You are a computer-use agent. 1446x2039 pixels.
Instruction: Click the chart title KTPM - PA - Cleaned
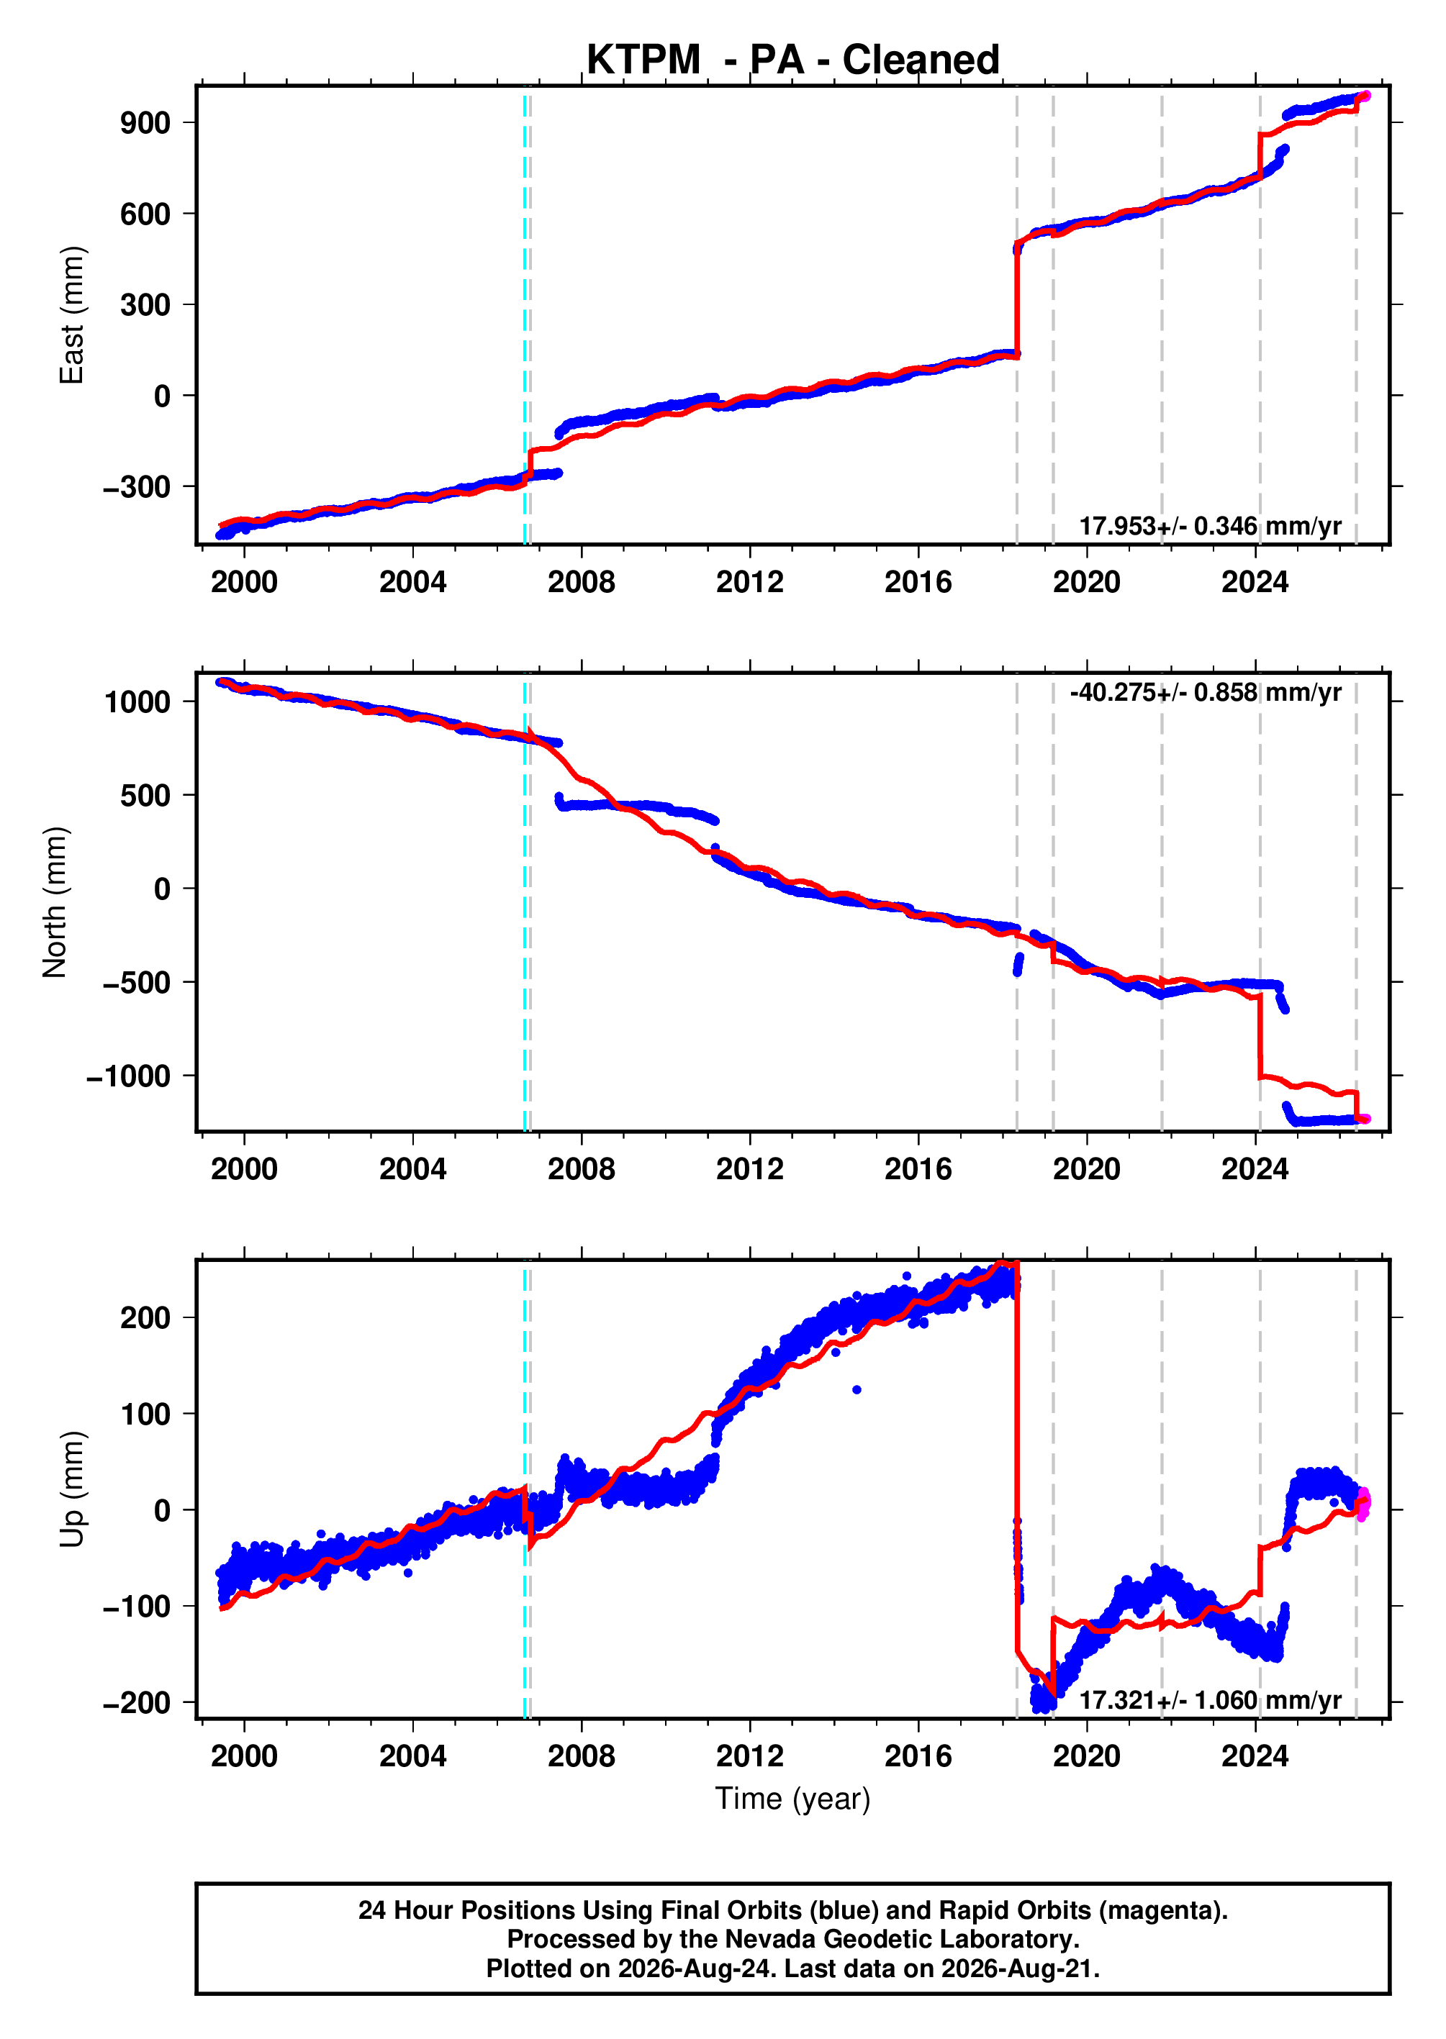tap(792, 60)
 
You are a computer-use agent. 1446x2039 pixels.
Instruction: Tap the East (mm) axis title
tap(71, 315)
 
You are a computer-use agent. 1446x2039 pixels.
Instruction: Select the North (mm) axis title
tap(55, 902)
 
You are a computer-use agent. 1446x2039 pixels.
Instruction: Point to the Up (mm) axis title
tap(71, 1489)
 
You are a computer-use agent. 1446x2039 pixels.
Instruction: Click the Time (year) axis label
tap(792, 1799)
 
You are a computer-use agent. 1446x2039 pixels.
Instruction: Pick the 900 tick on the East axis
tap(145, 123)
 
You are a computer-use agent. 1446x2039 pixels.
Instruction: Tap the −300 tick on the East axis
tap(137, 487)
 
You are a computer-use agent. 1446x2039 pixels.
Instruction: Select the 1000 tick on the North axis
tap(137, 702)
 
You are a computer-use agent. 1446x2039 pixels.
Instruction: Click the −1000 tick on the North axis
tap(128, 1077)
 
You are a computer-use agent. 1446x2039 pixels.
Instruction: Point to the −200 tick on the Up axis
tap(137, 1702)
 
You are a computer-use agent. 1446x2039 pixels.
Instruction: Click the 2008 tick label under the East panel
tap(582, 582)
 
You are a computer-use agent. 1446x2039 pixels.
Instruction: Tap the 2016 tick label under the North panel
tap(918, 1168)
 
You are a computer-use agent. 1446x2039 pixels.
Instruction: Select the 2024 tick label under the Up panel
tap(1255, 1756)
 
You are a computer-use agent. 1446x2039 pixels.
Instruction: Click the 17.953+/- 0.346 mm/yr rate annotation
tap(1210, 526)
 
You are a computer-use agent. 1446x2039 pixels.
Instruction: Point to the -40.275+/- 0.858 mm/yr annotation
tap(1206, 692)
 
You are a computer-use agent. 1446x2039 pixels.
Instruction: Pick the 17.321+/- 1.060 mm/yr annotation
tap(1210, 1700)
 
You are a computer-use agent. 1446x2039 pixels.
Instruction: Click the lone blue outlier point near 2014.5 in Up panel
tap(857, 1389)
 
